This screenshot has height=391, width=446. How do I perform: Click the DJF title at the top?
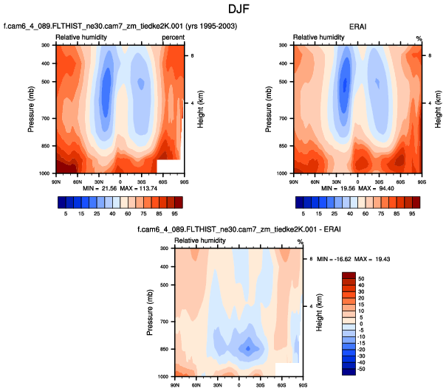point(222,10)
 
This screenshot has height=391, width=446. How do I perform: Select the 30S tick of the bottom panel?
point(260,384)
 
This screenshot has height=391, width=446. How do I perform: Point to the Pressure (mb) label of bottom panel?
point(151,312)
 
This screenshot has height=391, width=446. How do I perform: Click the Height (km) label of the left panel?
point(200,108)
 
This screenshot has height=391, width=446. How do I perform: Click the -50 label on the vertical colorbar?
point(362,368)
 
